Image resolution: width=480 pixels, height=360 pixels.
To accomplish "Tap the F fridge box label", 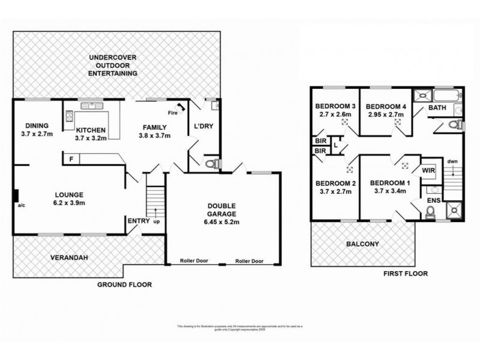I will click(71, 158).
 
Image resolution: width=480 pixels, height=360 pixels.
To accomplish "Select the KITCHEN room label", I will click(91, 130).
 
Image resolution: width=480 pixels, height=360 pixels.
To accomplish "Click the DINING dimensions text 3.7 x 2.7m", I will click(37, 134).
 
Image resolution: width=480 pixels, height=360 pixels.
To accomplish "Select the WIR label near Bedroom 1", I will click(428, 170).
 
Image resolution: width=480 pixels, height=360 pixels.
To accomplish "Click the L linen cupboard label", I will click(336, 145).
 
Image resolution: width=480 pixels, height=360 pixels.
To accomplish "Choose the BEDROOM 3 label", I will click(336, 106).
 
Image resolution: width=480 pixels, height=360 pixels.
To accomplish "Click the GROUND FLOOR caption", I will click(124, 284).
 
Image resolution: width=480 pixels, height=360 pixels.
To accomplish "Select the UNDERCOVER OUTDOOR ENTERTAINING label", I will click(113, 65).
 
